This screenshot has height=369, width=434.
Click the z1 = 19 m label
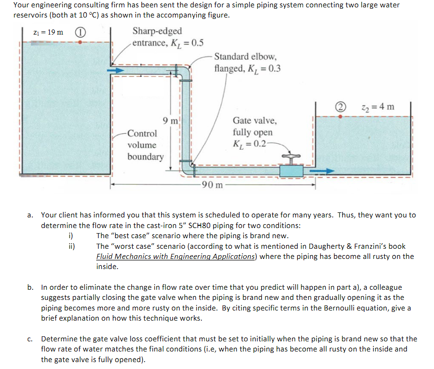48,32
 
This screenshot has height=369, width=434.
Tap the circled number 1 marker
80,32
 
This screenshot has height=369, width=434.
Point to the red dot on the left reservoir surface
81,42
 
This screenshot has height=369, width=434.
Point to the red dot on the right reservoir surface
340,117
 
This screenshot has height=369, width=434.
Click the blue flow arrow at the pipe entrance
116,70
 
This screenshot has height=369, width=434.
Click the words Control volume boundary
145,145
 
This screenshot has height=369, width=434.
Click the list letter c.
29,339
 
